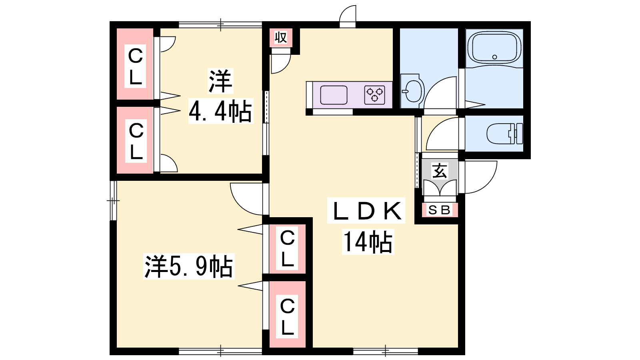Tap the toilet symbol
pos(504,134)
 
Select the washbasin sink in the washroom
pos(412,91)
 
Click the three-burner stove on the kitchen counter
pos(374,95)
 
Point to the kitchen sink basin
pos(334,95)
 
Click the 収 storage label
pos(280,38)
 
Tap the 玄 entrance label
pos(440,170)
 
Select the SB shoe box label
pos(440,210)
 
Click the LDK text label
pos(366,210)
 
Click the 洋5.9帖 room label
pos(189,266)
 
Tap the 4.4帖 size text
pos(220,111)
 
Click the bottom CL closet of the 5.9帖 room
pos(287,316)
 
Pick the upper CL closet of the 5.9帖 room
pos(287,248)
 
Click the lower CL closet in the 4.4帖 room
pos(136,141)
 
